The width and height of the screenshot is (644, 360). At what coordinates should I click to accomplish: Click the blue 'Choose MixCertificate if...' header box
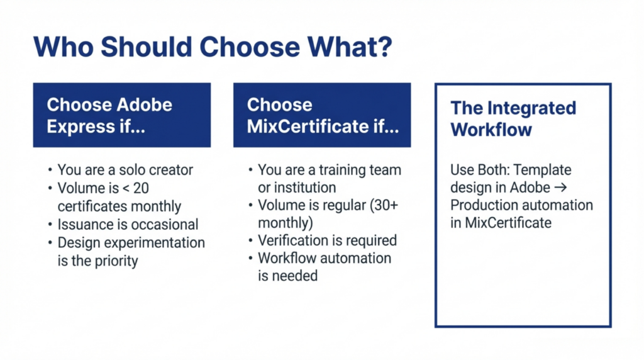(322, 115)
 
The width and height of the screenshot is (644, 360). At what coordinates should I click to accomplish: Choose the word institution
(297, 188)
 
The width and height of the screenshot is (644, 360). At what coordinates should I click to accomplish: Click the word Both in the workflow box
(492, 170)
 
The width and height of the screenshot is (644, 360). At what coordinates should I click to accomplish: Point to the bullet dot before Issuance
(50, 225)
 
